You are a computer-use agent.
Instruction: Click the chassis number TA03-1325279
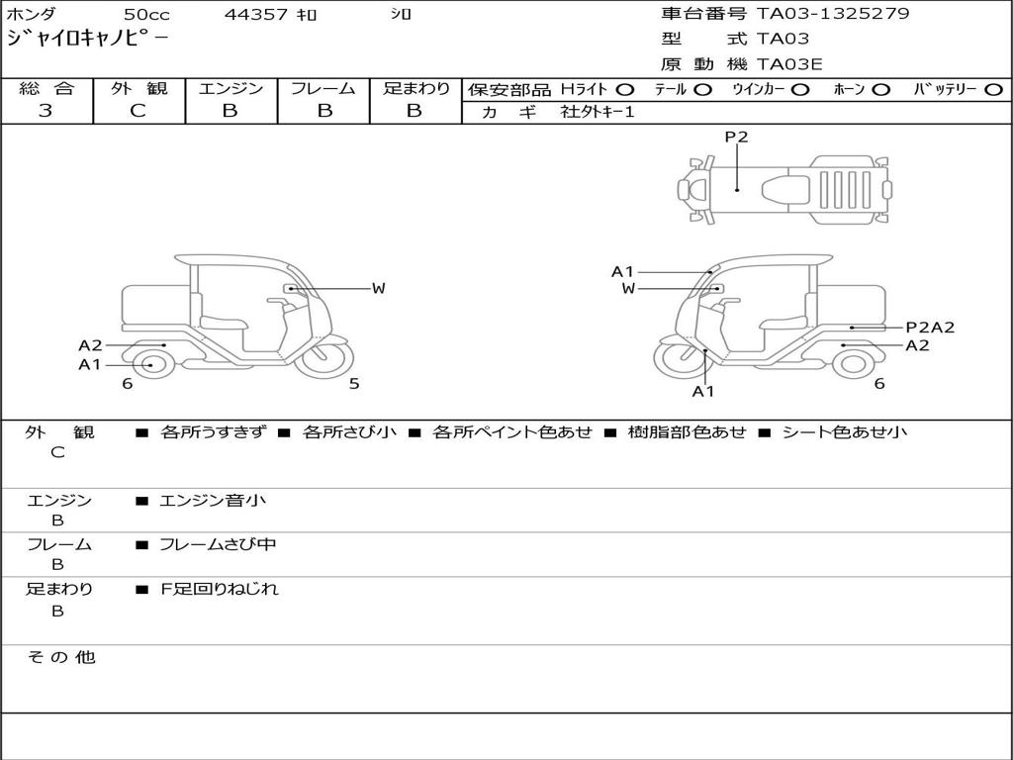tap(833, 14)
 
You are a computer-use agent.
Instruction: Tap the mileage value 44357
tap(256, 15)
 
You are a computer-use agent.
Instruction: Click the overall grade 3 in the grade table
tap(46, 111)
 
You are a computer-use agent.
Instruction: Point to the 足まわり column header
tap(416, 89)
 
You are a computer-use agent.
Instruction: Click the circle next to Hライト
tap(625, 90)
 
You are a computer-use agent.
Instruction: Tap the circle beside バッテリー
tap(994, 90)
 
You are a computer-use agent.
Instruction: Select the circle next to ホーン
tap(881, 90)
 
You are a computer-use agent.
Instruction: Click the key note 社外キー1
tap(598, 113)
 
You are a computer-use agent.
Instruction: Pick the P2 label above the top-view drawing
tap(736, 138)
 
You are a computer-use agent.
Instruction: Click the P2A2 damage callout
tap(930, 328)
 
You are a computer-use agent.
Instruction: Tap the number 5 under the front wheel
tap(354, 384)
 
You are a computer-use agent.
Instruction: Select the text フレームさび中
tap(218, 544)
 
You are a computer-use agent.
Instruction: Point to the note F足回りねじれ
tap(220, 589)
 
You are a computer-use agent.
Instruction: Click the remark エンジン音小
tap(213, 501)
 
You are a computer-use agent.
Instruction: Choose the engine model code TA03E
tap(789, 65)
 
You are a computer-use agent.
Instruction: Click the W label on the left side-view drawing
tap(378, 288)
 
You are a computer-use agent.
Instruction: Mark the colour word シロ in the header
tap(401, 15)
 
